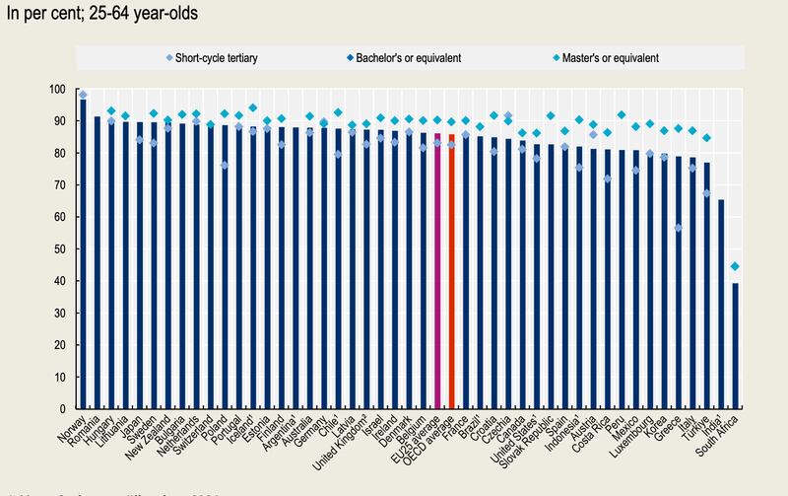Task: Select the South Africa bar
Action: click(x=735, y=346)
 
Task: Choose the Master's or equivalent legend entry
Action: click(x=610, y=56)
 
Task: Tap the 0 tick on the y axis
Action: click(x=67, y=408)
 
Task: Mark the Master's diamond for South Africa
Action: click(x=735, y=266)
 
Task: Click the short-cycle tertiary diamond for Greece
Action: click(x=679, y=228)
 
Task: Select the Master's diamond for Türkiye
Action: click(x=706, y=138)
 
